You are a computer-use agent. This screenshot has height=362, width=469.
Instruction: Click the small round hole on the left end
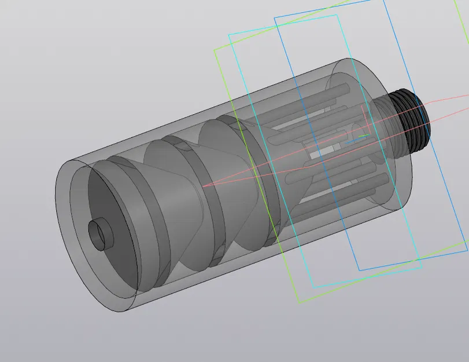click(x=99, y=234)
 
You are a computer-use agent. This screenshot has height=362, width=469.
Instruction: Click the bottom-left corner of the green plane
click(x=298, y=302)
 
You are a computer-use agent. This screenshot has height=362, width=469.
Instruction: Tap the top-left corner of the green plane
click(x=215, y=49)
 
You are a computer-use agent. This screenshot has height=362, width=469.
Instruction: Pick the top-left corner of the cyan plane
click(x=229, y=34)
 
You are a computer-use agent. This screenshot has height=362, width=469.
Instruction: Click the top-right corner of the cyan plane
click(x=337, y=15)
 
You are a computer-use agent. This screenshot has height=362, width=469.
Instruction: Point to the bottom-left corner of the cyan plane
click(x=313, y=288)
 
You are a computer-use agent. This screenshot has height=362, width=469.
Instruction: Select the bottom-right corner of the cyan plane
click(x=421, y=268)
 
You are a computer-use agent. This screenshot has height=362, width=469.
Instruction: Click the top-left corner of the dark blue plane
click(x=275, y=16)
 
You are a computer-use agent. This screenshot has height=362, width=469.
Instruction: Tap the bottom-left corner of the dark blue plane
click(x=359, y=270)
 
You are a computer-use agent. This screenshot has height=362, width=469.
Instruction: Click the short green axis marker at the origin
click(x=363, y=137)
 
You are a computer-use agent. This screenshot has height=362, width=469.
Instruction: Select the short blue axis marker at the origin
click(x=352, y=141)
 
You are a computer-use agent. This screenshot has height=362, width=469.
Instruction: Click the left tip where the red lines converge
click(x=203, y=186)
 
